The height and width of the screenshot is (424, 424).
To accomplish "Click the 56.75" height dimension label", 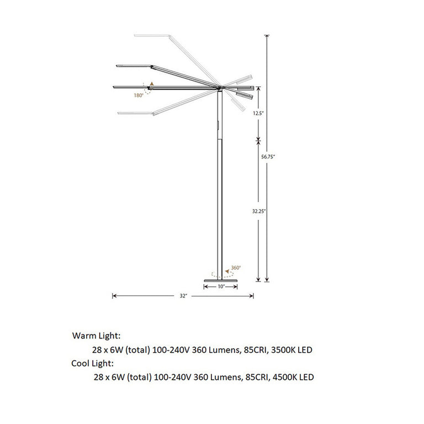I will (268, 157).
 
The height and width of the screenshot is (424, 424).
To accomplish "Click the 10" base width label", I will (221, 287).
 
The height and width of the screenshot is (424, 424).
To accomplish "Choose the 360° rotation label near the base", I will (236, 268).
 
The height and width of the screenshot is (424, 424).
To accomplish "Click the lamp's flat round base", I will (221, 280).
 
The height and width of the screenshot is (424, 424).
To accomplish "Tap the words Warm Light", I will (96, 335).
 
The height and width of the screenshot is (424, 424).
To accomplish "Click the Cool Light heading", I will (93, 363).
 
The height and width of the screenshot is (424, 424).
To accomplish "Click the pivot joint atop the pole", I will (221, 88).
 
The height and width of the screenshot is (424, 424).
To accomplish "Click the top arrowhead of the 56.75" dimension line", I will (267, 36).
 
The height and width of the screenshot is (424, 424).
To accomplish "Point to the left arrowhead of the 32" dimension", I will (114, 296).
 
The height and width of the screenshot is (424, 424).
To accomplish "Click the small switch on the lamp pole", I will (219, 126).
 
